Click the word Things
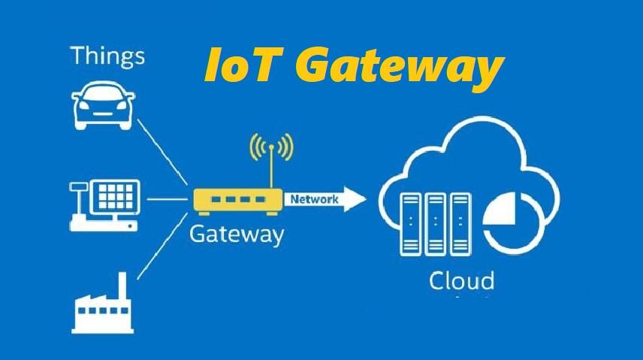tap(107, 56)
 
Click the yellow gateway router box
tap(237, 200)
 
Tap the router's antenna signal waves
tap(272, 146)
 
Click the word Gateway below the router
tap(236, 234)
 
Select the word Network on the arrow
tap(314, 199)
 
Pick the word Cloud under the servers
tap(461, 282)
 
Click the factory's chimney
tap(121, 286)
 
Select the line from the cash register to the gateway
tap(166, 200)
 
